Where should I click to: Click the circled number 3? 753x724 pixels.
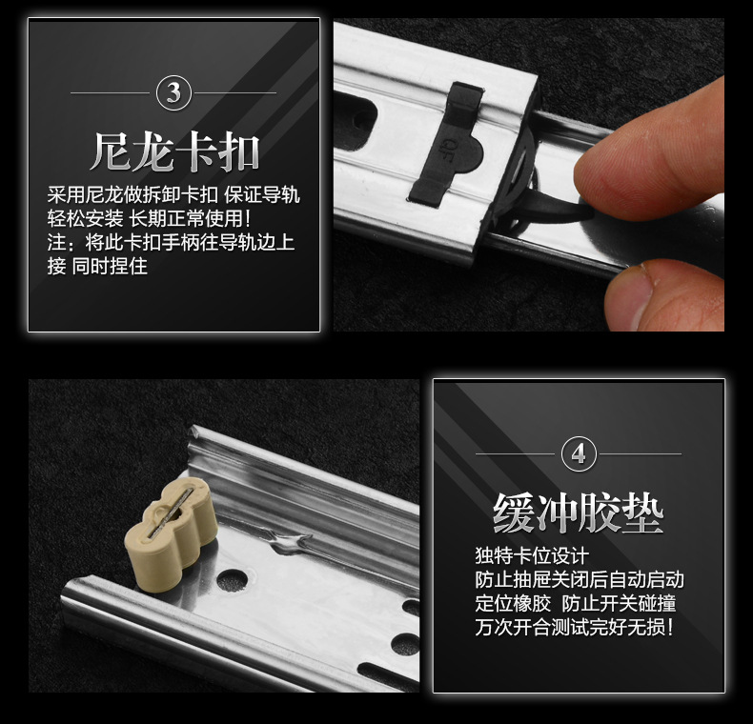(x=173, y=92)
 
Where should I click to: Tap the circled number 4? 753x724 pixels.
(x=579, y=453)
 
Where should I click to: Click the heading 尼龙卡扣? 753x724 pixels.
(x=174, y=152)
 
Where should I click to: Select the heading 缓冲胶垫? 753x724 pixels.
(x=579, y=513)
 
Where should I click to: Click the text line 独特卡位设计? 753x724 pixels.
(x=532, y=556)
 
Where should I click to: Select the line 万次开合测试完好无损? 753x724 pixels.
(x=575, y=627)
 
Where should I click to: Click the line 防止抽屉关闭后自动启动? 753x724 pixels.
(x=580, y=579)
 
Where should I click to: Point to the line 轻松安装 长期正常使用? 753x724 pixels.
(x=149, y=218)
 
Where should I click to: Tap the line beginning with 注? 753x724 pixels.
(x=171, y=242)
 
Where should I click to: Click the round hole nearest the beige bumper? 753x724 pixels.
(x=233, y=579)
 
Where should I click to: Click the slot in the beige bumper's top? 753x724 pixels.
(x=171, y=513)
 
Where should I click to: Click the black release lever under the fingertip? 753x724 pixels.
(x=552, y=208)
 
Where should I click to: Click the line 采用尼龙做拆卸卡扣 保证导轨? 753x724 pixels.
(x=173, y=195)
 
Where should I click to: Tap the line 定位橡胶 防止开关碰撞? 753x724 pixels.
(x=576, y=604)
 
